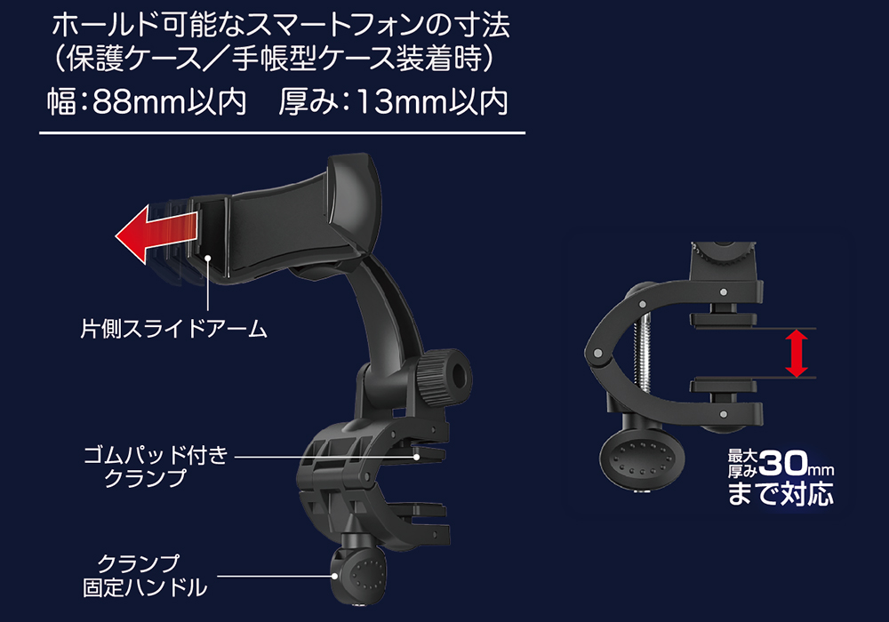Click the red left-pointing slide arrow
156,235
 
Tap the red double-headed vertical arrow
796,354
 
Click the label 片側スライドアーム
173,329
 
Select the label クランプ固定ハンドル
146,576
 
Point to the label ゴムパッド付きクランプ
156,466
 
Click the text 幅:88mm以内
147,102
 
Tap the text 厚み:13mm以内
393,102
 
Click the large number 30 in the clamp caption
783,464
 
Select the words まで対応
781,493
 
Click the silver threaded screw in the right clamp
646,351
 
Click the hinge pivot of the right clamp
597,354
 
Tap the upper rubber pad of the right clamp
723,320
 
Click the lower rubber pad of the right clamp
723,386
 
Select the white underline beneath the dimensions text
283,133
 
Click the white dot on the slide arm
208,259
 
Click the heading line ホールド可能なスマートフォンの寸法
281,26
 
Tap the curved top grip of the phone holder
355,198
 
